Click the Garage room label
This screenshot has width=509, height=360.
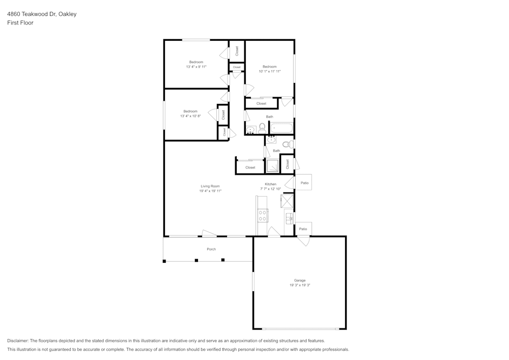click(300, 280)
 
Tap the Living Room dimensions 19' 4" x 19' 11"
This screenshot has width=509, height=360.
click(210, 191)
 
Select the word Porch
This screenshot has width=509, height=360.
click(211, 249)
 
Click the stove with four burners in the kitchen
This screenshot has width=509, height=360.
click(263, 215)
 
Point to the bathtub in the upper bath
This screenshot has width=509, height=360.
click(281, 128)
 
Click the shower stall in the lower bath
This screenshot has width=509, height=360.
click(272, 166)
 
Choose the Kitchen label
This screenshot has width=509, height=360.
click(270, 184)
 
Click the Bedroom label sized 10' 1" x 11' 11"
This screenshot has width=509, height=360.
click(269, 67)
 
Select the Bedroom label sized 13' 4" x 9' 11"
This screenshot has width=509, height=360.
click(196, 62)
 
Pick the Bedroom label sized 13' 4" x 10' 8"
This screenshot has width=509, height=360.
click(190, 111)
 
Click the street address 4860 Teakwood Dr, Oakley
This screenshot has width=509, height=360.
click(42, 14)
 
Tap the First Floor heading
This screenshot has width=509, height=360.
click(20, 23)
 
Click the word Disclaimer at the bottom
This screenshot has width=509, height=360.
click(18, 341)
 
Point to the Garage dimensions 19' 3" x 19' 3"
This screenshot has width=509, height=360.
click(300, 285)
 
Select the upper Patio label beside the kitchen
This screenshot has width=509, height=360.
click(304, 182)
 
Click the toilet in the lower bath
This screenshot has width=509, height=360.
click(287, 144)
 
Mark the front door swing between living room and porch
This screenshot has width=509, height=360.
click(209, 234)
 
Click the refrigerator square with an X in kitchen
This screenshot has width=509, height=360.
click(287, 201)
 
